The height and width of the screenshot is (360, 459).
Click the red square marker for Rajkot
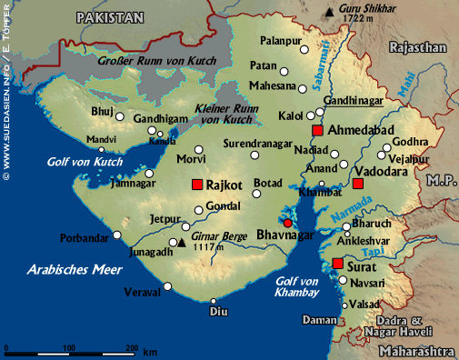(x=196, y=185)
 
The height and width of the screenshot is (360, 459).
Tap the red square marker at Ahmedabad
(x=317, y=131)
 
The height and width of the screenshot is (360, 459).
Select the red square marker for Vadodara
(x=358, y=185)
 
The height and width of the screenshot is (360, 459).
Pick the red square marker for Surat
(x=337, y=265)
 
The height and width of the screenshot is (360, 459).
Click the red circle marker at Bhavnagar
(x=288, y=223)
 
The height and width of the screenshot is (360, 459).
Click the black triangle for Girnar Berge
(x=182, y=243)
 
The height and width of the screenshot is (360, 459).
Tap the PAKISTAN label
(x=111, y=17)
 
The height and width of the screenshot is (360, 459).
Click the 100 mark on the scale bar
(x=69, y=348)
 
